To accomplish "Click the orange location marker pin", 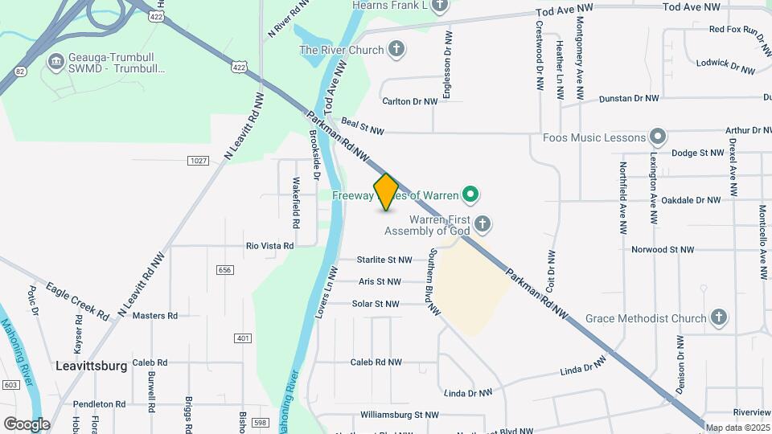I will (x=387, y=192).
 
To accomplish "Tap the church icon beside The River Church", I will (x=396, y=51).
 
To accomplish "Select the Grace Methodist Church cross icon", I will (x=719, y=318).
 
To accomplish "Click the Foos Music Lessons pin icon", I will (x=659, y=137).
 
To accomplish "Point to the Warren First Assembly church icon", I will (x=482, y=223).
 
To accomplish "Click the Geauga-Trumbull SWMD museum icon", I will (x=55, y=61).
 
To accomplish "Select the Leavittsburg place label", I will (x=92, y=366).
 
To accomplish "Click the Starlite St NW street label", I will (x=384, y=260).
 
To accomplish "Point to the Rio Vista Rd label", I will (x=269, y=245).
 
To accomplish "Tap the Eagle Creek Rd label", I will (x=77, y=301).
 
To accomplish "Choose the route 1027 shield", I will (x=198, y=161).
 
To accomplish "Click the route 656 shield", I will (x=225, y=270).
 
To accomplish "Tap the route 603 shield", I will (x=10, y=385).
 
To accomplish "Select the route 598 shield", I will (x=258, y=423).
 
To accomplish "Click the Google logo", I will (x=27, y=424).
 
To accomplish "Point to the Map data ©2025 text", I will (x=737, y=428).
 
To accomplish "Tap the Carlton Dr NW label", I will (x=410, y=101).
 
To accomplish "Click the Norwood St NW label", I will (x=662, y=249).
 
